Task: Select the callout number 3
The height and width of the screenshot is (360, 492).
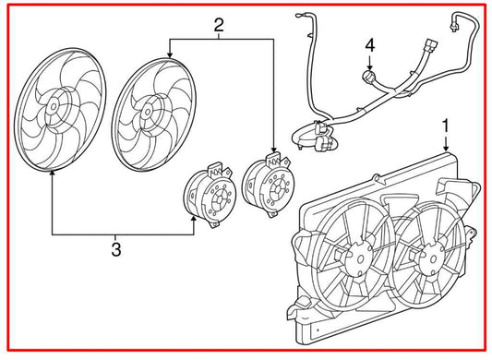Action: [x=115, y=248]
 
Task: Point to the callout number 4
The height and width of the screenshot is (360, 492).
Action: [x=369, y=44]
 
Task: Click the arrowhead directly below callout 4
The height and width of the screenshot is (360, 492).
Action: [x=369, y=67]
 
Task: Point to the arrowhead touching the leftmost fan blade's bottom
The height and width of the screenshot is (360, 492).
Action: [x=52, y=175]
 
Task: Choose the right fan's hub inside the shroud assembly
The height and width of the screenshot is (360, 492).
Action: [x=426, y=256]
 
